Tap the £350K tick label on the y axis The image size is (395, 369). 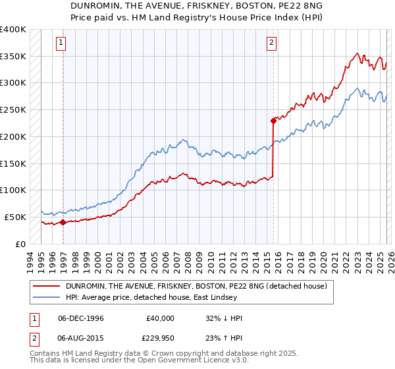[13, 57]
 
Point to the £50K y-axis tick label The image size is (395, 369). [15, 217]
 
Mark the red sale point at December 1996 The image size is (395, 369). [63, 223]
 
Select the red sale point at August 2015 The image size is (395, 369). [273, 121]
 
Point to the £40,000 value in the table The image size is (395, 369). [160, 318]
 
